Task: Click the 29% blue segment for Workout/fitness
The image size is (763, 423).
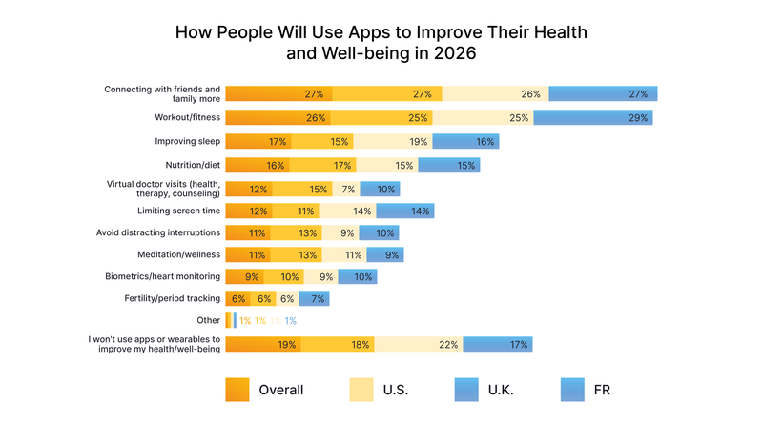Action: click(592, 118)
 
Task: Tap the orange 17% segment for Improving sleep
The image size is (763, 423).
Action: click(258, 141)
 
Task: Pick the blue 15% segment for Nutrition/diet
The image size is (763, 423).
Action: click(448, 165)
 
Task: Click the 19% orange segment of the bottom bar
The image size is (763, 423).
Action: click(263, 344)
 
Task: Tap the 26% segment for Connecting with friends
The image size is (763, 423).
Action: click(495, 94)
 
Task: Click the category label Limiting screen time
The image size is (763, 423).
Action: click(178, 210)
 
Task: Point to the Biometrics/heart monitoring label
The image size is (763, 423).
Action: click(163, 276)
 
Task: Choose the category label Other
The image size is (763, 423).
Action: click(208, 320)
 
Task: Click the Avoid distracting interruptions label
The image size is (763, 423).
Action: click(158, 232)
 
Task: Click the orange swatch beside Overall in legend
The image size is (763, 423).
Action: click(237, 390)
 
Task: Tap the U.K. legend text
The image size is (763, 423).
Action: click(506, 390)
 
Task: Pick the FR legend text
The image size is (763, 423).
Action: click(601, 390)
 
